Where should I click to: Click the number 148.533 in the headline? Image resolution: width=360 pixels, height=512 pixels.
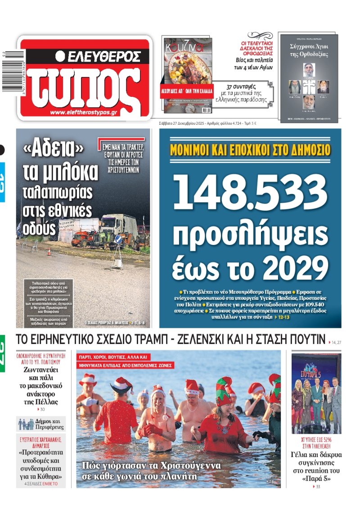(250, 190)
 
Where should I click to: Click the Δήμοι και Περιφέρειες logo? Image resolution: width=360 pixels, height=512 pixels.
(41, 424)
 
